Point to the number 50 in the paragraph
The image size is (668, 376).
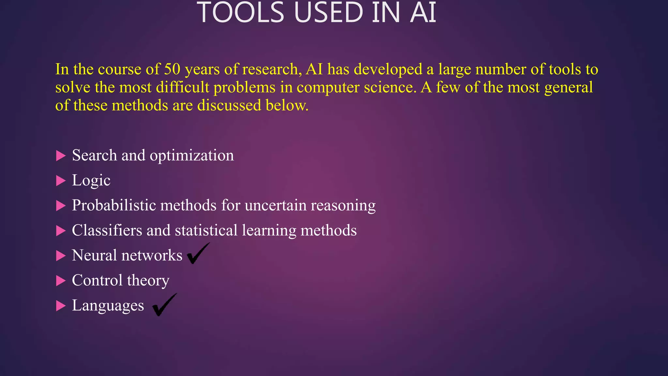click(x=172, y=69)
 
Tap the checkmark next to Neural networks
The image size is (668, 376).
click(x=198, y=254)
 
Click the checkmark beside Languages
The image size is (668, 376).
click(x=164, y=305)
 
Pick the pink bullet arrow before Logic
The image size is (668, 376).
click(x=61, y=180)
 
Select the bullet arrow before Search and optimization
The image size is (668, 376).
click(x=61, y=156)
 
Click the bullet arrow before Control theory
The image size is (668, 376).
click(x=61, y=281)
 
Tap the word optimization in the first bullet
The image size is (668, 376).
click(x=192, y=155)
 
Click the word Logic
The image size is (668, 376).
click(x=91, y=180)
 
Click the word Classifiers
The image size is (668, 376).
click(x=107, y=230)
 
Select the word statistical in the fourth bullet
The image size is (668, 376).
click(x=206, y=230)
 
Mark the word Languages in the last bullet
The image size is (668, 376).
click(x=108, y=306)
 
